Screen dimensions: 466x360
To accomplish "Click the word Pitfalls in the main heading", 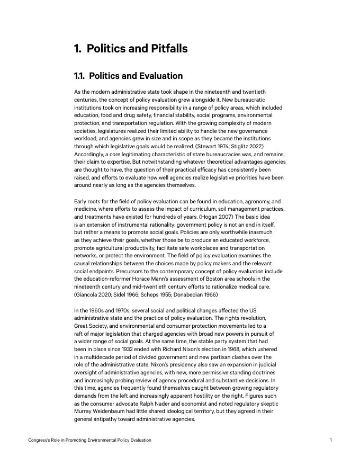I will (163, 49).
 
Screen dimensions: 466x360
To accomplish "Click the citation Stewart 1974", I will (210, 146).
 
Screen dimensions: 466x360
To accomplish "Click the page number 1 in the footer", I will (330, 440).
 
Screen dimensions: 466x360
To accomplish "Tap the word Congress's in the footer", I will (40, 440).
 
